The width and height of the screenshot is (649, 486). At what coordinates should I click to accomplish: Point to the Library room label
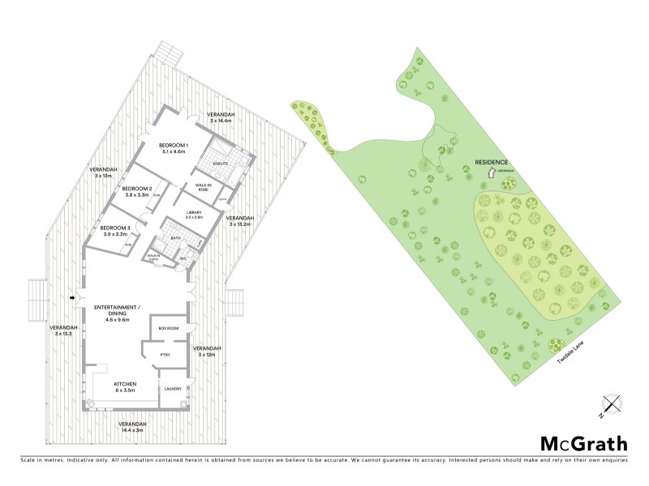(x=194, y=215)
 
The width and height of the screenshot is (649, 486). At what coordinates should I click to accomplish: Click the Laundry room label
(x=173, y=389)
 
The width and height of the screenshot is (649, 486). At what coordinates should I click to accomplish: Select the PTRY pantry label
(x=165, y=354)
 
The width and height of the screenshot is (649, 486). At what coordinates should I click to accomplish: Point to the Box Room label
(x=169, y=328)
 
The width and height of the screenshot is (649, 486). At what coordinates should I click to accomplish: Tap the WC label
(x=183, y=259)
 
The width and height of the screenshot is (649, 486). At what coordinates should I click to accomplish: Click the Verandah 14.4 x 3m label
(x=132, y=428)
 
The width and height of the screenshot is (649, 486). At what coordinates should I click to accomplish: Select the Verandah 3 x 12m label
(x=206, y=351)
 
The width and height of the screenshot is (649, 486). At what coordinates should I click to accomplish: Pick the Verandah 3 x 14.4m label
(x=220, y=117)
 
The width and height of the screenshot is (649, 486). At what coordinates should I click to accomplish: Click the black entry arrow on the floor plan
(x=75, y=299)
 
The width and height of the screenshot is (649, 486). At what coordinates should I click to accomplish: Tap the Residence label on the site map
(x=492, y=163)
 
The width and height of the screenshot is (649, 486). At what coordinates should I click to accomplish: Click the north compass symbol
(x=609, y=406)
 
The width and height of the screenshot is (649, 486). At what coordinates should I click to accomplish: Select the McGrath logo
(x=584, y=443)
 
